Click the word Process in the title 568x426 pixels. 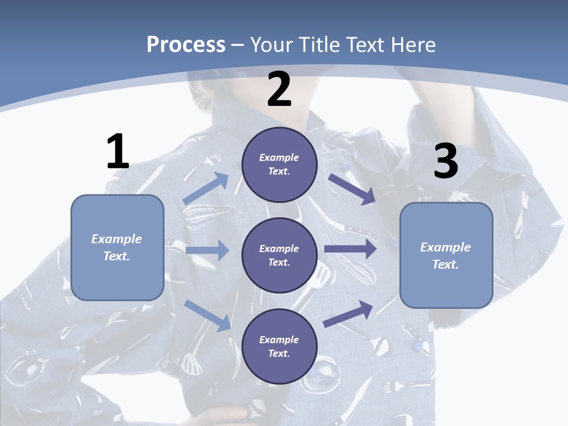(x=186, y=45)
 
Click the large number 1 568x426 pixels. (x=118, y=151)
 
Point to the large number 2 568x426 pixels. (x=279, y=89)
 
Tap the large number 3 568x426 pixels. (x=446, y=162)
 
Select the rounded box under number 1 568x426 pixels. (x=117, y=247)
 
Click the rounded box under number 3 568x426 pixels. (x=446, y=256)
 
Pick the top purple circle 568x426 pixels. (x=279, y=164)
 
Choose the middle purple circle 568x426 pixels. (x=279, y=255)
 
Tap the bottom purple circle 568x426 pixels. (x=279, y=346)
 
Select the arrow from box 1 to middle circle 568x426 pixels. (x=207, y=251)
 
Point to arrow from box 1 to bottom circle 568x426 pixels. (x=208, y=315)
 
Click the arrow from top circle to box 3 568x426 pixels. (x=353, y=189)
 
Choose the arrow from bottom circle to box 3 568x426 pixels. (x=348, y=314)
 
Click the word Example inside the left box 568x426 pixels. (x=117, y=239)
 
